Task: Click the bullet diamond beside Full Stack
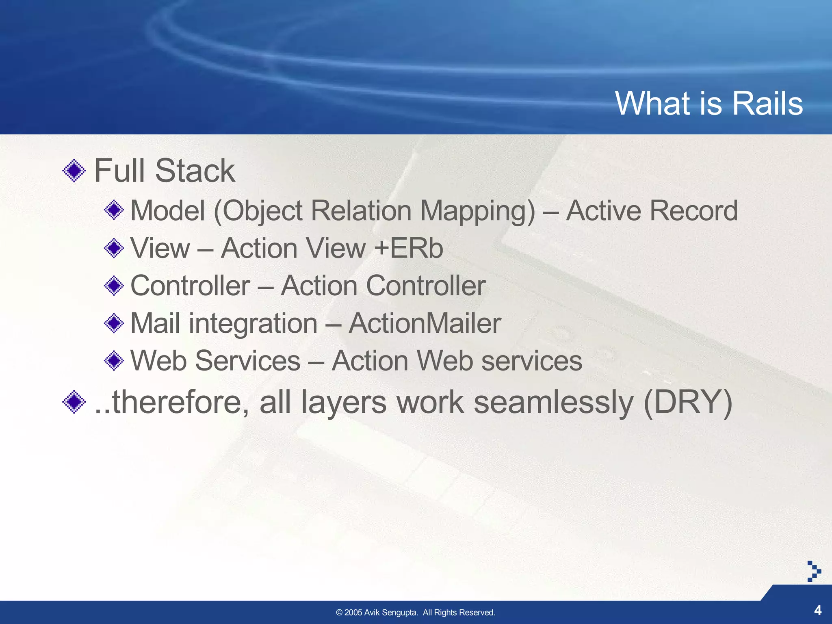74,171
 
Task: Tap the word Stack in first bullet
195,171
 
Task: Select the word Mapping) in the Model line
478,211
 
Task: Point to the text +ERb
409,248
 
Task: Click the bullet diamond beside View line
114,248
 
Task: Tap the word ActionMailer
425,323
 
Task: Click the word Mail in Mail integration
156,323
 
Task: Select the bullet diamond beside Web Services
114,360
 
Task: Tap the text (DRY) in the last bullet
688,402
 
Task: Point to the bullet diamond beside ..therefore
74,402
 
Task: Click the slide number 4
817,610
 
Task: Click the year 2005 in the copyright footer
353,613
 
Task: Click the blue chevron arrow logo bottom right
814,571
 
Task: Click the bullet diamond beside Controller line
114,286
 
